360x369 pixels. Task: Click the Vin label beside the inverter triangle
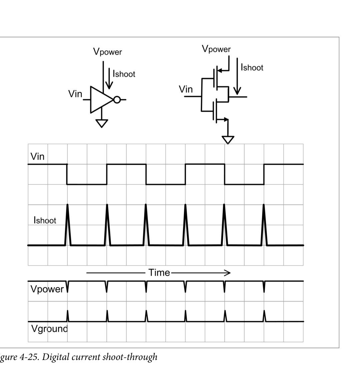point(75,94)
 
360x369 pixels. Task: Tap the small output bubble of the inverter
point(117,100)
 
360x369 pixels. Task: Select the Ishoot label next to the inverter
point(124,74)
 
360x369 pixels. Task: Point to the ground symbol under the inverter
point(102,123)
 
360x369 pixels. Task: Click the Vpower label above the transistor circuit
point(216,49)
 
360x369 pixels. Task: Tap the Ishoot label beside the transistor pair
point(252,67)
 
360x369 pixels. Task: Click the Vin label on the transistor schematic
point(186,89)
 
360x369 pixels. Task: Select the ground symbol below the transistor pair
point(228,140)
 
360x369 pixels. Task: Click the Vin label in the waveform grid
point(37,156)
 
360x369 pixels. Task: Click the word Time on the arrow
point(159,273)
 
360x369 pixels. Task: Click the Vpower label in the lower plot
point(47,289)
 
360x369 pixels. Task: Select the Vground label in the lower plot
point(49,329)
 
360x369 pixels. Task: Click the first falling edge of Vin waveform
point(67,174)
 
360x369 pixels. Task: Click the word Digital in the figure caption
point(53,357)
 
